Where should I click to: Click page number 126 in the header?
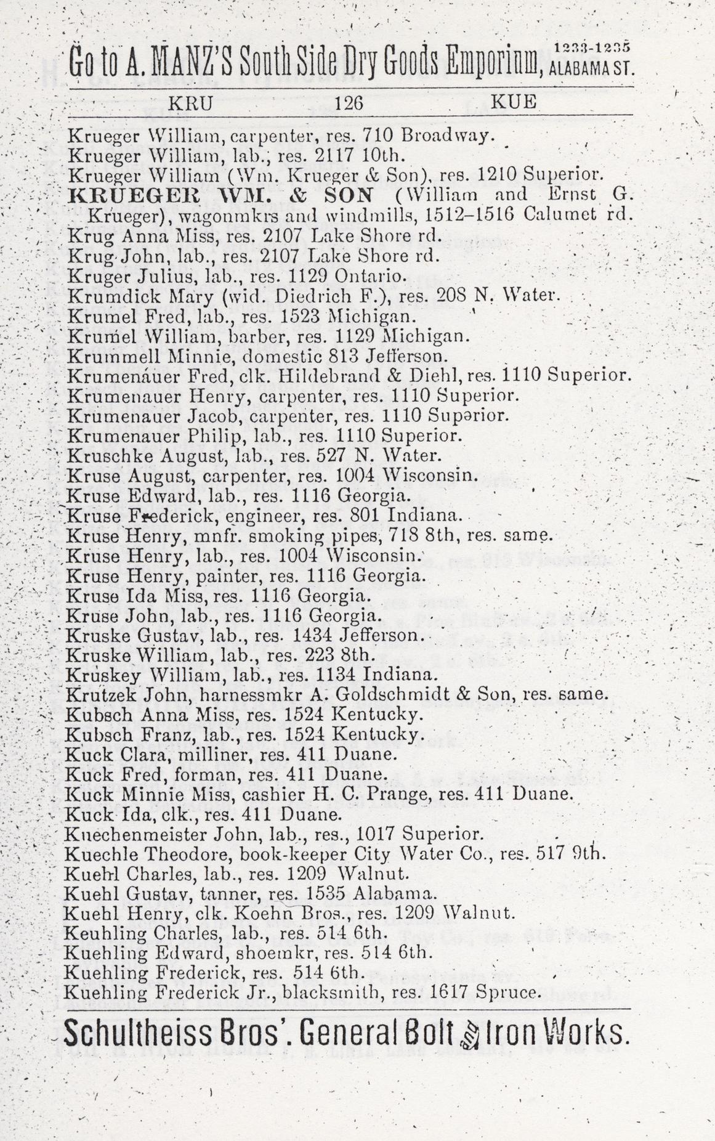349,103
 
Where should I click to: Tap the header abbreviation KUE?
514,102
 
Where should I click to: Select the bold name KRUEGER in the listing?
121,196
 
